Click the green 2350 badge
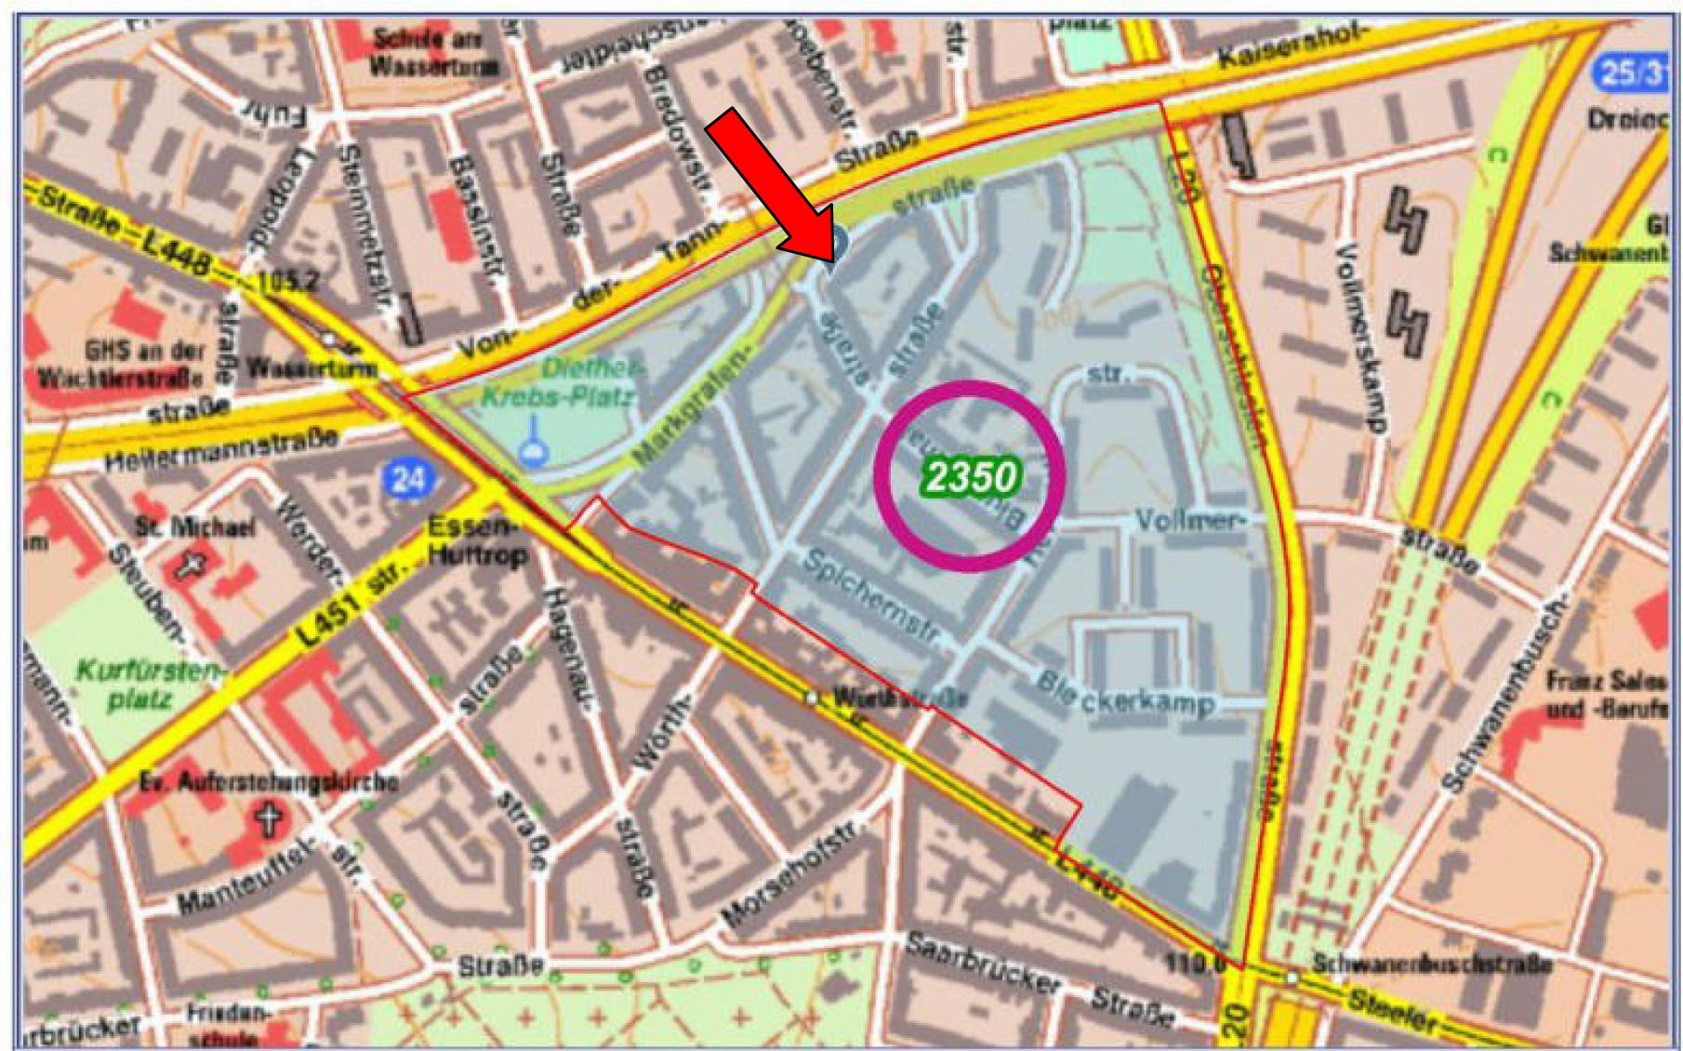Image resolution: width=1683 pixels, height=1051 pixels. point(971,477)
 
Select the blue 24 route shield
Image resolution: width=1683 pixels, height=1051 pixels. point(407,479)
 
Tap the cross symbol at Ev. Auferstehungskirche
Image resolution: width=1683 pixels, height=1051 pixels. point(270,819)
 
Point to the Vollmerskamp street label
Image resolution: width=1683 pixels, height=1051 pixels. point(1361,338)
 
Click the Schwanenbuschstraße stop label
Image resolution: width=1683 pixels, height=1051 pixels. point(1432,964)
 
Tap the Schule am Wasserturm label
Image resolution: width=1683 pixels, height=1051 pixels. point(434,53)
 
